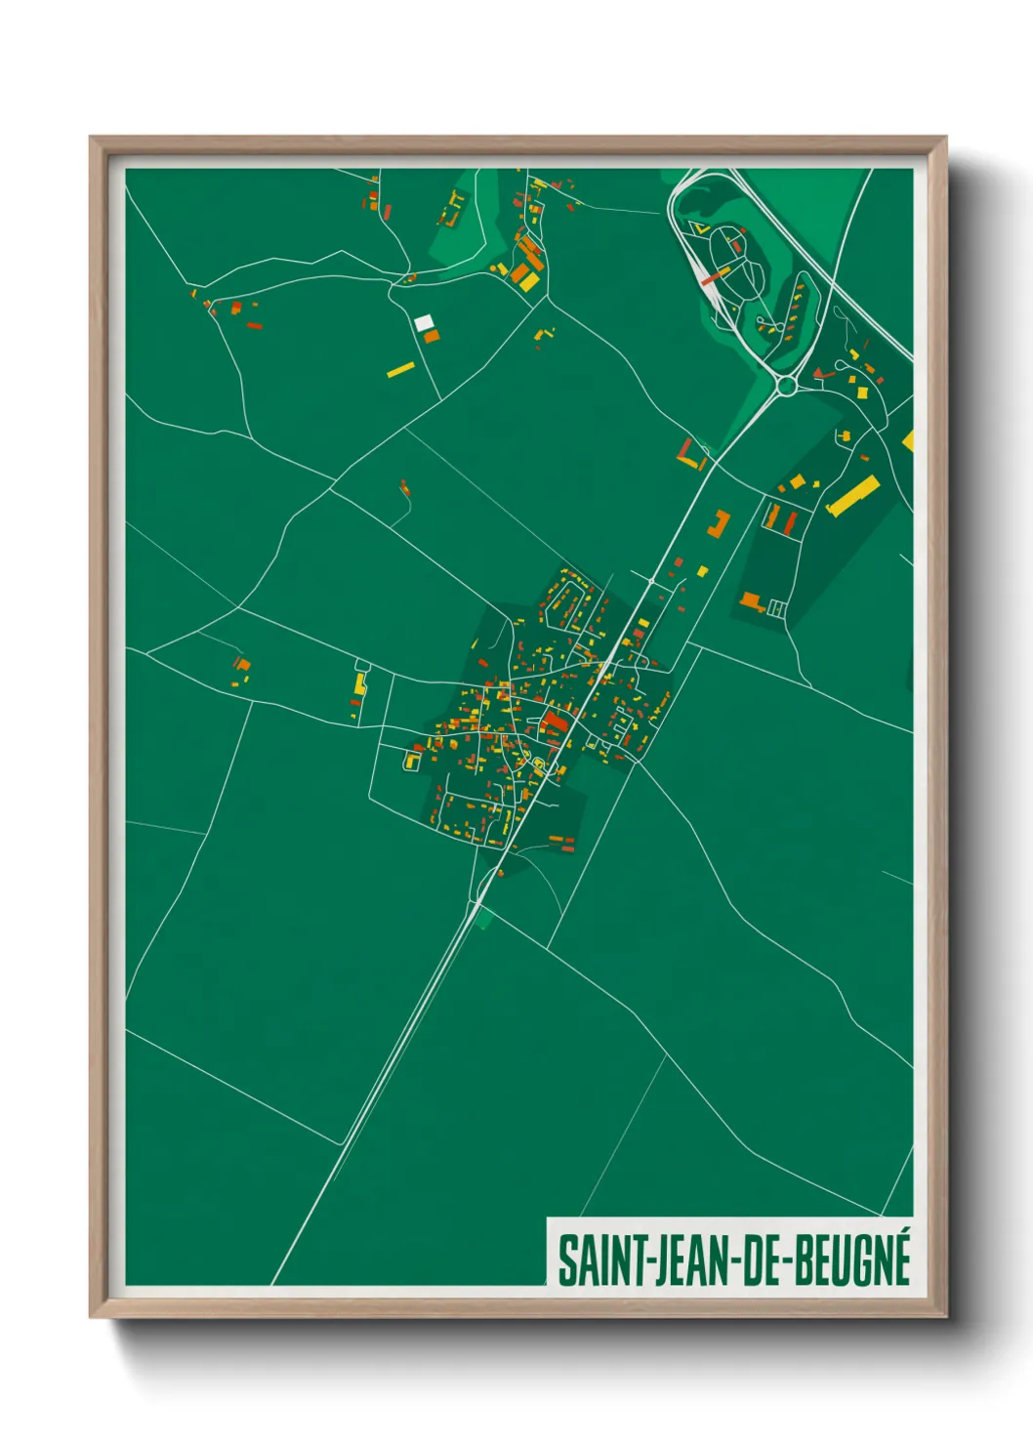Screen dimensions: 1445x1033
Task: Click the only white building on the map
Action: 424,321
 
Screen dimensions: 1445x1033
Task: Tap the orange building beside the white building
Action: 432,336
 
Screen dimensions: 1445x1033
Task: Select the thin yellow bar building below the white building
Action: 400,369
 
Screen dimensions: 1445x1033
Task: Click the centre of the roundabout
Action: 786,386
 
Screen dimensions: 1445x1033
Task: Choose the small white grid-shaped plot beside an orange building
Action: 777,608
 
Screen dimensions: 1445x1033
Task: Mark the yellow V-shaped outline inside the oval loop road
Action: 700,229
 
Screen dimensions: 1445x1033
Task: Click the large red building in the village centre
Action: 555,722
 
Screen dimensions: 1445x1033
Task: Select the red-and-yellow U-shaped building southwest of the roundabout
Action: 691,455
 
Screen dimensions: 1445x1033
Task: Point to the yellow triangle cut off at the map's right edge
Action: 908,439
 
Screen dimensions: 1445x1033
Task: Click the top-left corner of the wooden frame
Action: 91,138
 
